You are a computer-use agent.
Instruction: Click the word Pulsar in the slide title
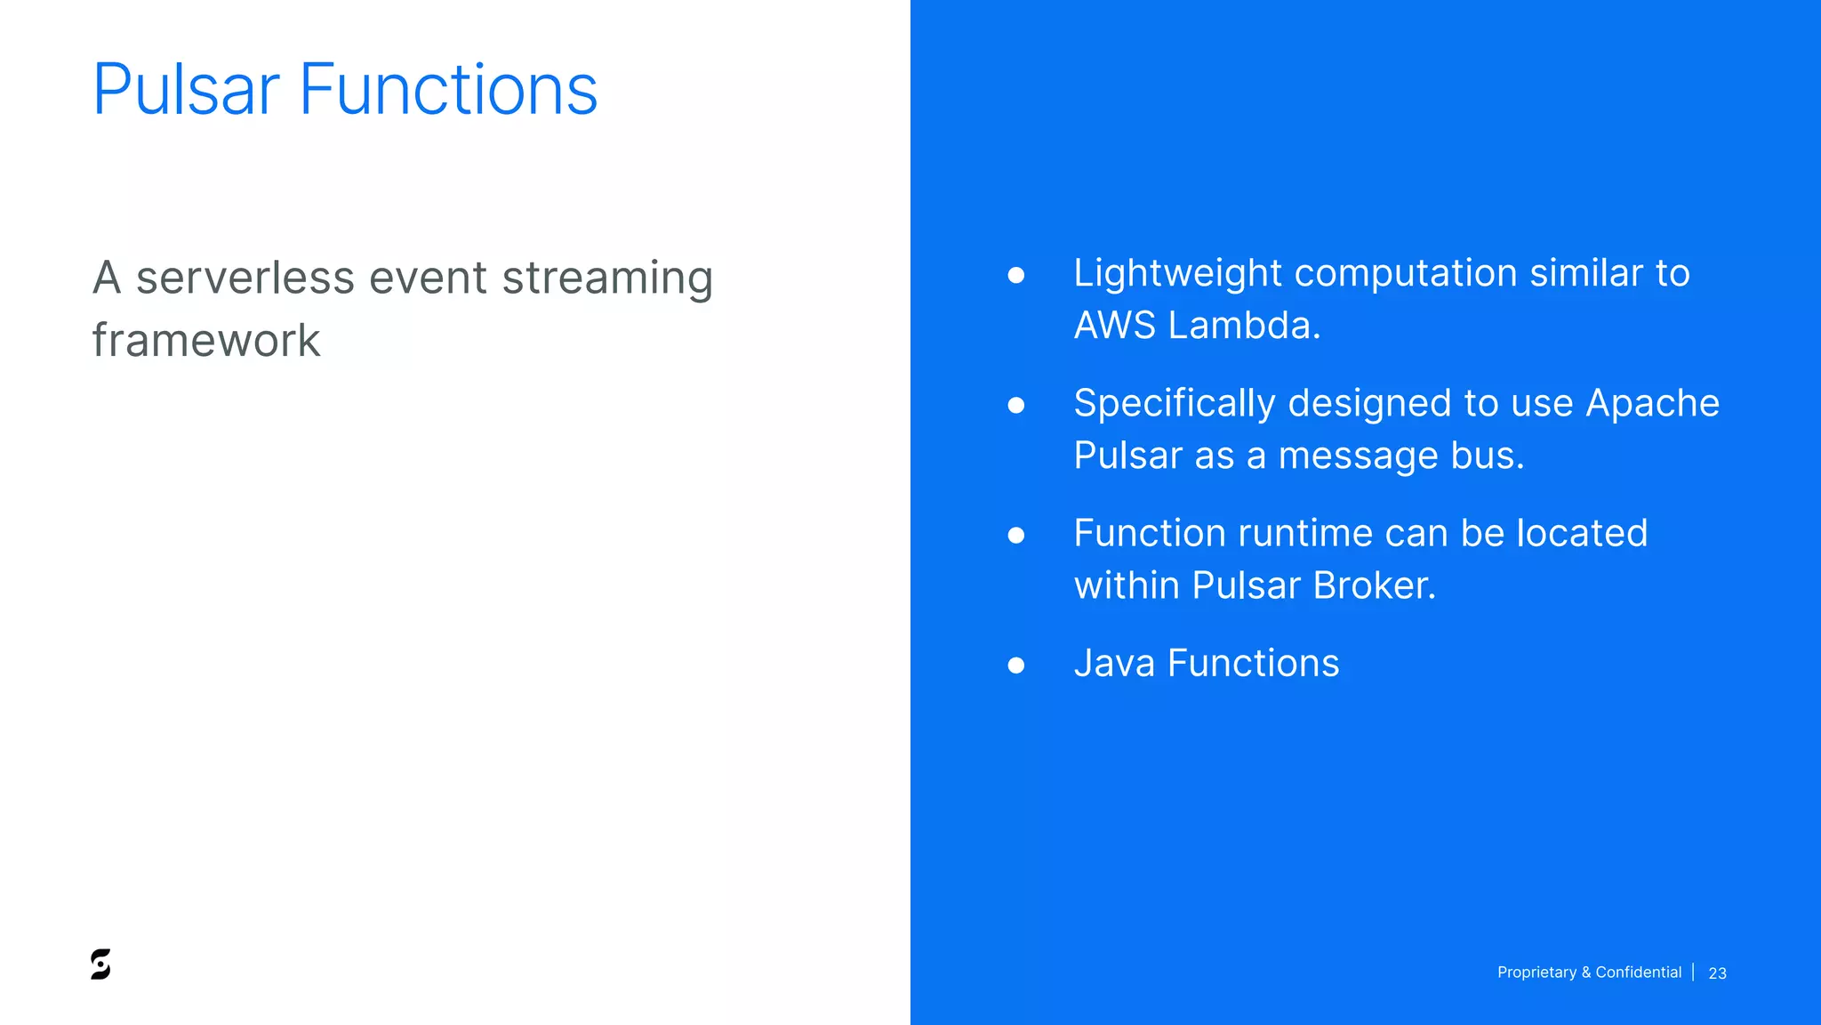[186, 90]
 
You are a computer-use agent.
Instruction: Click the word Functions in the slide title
[447, 90]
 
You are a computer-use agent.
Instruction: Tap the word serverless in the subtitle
[245, 278]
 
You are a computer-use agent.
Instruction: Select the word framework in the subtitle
[206, 340]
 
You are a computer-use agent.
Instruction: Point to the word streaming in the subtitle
[607, 279]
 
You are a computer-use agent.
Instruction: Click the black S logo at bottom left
[100, 964]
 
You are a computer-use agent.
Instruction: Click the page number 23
[1717, 973]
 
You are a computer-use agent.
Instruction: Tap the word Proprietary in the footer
[1536, 973]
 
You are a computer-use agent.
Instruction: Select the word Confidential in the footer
[1638, 973]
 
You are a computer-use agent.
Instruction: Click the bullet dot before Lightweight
[1016, 276]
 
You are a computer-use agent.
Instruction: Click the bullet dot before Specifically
[1016, 406]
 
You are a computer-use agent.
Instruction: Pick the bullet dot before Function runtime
[1016, 536]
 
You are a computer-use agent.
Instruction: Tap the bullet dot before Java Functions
[1016, 666]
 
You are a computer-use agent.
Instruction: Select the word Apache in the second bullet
[1652, 404]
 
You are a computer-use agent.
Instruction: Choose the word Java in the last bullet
[1114, 664]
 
